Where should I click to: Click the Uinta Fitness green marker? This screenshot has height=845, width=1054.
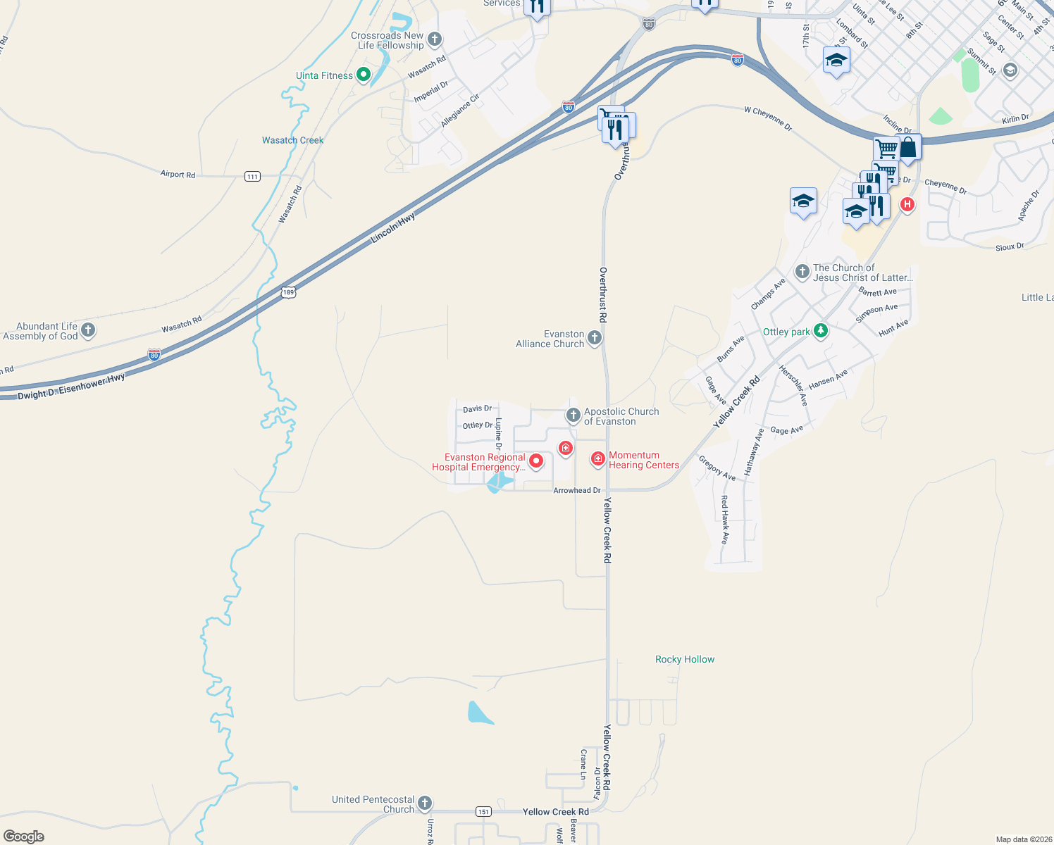(x=364, y=74)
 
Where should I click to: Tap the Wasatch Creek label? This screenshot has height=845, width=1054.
(x=292, y=140)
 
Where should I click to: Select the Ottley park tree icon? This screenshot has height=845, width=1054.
(x=820, y=330)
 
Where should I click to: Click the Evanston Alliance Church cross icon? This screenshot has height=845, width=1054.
(x=595, y=338)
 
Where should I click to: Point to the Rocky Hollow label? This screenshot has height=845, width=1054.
(x=685, y=659)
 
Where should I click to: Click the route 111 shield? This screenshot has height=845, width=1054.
(x=252, y=176)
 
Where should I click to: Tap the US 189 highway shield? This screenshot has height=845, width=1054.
(x=287, y=292)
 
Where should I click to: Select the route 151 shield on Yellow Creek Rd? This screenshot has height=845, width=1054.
(x=483, y=812)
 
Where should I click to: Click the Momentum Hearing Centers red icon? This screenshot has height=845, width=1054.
(x=598, y=459)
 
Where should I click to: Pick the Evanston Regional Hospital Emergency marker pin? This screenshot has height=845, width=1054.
(x=536, y=461)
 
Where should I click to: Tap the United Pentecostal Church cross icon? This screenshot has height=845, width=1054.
(x=424, y=803)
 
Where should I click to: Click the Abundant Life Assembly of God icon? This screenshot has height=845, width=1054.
(x=88, y=330)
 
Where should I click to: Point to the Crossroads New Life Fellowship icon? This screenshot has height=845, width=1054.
(x=435, y=39)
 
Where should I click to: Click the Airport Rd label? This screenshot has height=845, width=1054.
(x=178, y=174)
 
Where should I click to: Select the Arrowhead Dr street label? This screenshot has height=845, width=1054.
(x=577, y=490)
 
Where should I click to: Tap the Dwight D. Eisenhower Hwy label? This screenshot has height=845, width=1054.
(x=71, y=387)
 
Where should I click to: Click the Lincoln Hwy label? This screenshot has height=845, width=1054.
(x=393, y=229)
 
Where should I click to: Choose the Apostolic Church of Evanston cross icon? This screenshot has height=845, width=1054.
(x=573, y=415)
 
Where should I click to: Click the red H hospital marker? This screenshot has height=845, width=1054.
(x=907, y=205)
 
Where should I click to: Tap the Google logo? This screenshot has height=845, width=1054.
(x=24, y=837)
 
